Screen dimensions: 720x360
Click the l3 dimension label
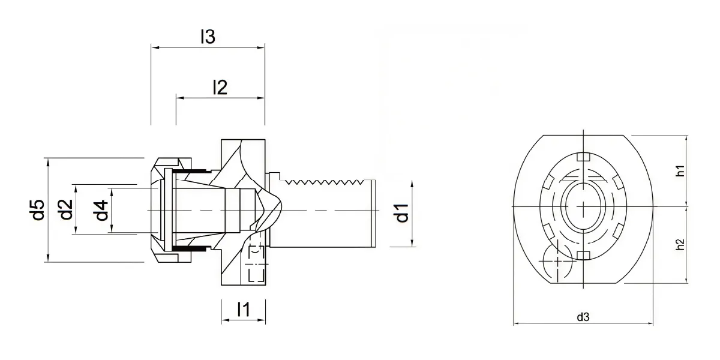point(208,37)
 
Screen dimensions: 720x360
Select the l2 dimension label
point(220,87)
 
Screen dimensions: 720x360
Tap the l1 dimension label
point(244,310)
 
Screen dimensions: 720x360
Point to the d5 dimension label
point(38,210)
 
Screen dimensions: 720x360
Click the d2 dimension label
point(67,209)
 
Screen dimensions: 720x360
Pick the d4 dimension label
point(102,210)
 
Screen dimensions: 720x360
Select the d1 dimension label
point(402,213)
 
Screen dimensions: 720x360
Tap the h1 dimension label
point(680,171)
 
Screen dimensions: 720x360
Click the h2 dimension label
point(680,245)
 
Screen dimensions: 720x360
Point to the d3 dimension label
point(583,317)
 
